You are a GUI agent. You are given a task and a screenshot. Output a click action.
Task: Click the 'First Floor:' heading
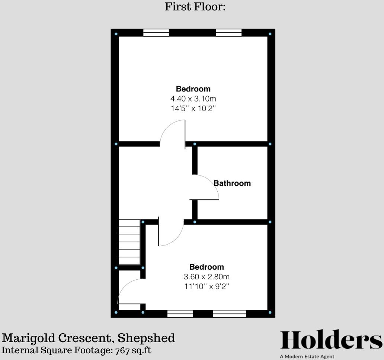(x=195, y=7)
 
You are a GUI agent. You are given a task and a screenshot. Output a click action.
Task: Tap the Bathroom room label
(x=232, y=183)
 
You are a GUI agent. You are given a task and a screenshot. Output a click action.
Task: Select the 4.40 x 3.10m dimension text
(x=193, y=99)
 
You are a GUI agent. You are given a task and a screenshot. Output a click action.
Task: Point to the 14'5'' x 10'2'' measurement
(x=193, y=109)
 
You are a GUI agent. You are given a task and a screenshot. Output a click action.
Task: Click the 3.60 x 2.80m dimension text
(x=207, y=277)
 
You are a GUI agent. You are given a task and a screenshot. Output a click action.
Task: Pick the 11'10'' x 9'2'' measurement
(x=207, y=287)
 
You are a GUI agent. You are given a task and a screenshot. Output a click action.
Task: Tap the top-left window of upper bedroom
(x=156, y=33)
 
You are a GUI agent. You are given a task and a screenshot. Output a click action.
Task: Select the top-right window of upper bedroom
(x=228, y=33)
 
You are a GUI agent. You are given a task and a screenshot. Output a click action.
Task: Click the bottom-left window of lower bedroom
(x=180, y=314)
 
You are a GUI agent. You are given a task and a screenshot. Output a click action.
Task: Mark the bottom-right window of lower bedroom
(x=229, y=314)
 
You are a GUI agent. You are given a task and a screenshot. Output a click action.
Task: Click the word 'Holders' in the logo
(x=331, y=340)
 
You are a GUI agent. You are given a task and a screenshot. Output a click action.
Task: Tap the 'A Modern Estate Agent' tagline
(x=307, y=357)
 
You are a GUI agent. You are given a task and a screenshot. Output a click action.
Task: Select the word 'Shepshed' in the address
(x=146, y=338)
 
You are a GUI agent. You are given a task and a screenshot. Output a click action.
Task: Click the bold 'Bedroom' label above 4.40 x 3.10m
(x=193, y=89)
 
